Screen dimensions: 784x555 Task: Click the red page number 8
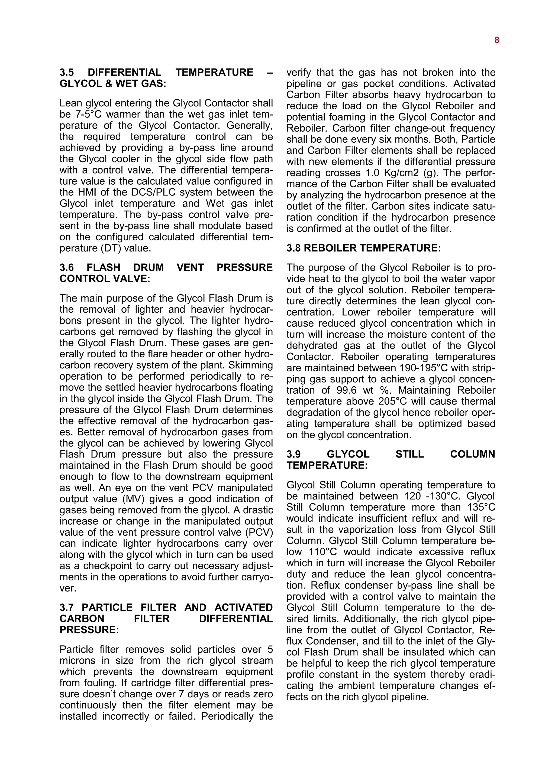pos(496,40)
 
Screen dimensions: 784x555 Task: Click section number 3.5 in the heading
pos(67,72)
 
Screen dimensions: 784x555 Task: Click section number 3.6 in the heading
pos(67,267)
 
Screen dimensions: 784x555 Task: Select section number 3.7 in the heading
pos(67,607)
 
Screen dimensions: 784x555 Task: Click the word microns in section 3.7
pos(76,660)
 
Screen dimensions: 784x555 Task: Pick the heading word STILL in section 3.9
pos(409,454)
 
